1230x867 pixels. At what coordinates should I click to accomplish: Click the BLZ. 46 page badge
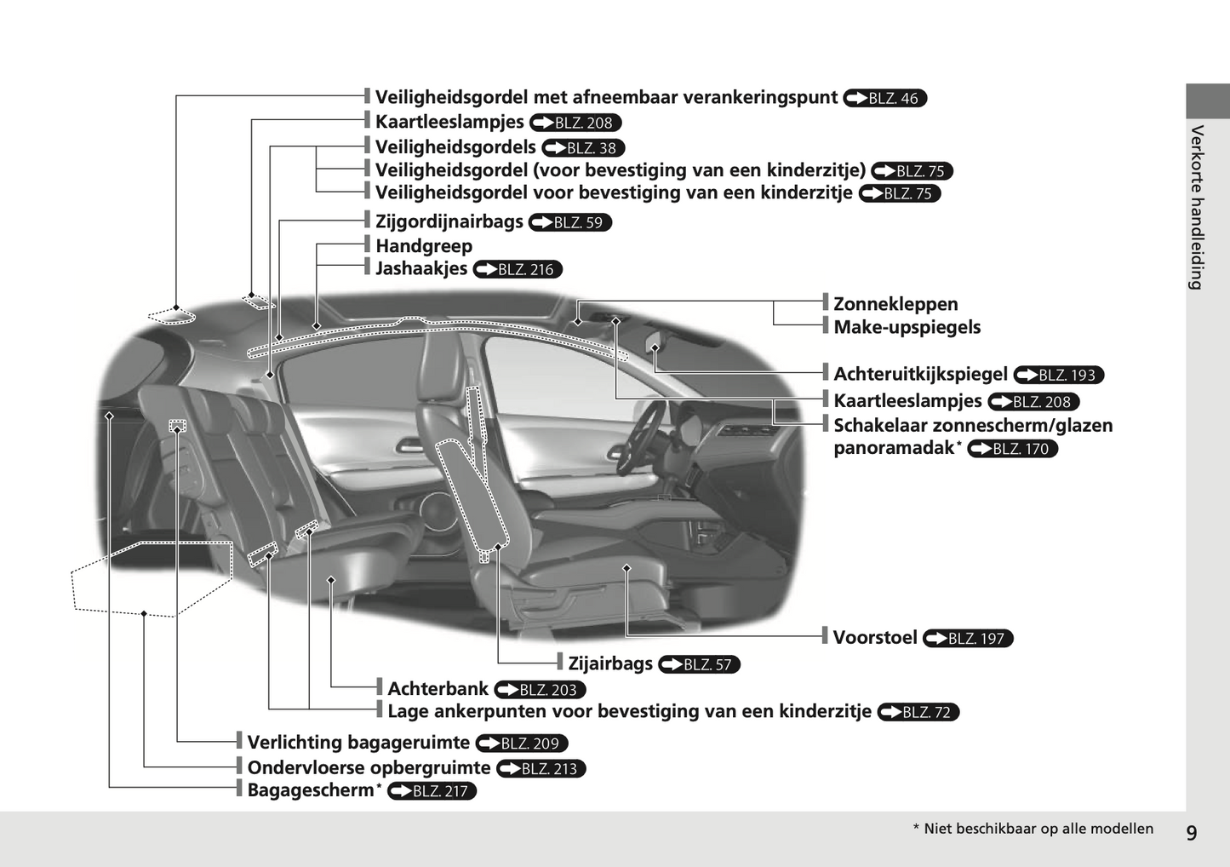point(884,98)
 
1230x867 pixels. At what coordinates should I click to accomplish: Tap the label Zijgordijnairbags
point(449,221)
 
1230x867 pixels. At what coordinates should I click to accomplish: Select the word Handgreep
point(424,245)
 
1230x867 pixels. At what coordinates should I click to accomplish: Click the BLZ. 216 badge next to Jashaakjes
point(518,269)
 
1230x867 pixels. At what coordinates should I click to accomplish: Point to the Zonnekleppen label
point(895,304)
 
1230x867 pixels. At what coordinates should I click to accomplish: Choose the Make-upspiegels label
point(907,327)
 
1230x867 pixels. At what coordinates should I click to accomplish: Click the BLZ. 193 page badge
point(1058,375)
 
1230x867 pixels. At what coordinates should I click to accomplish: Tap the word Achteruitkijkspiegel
point(920,374)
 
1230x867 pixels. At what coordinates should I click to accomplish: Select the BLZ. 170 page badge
point(1012,449)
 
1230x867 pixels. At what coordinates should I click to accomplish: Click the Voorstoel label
point(875,637)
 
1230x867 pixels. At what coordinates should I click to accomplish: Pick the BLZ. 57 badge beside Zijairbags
point(699,664)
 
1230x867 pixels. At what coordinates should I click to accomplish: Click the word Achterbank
point(438,688)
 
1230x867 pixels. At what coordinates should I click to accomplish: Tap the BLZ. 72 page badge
point(918,712)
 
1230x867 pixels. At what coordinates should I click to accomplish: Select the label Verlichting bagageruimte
point(358,743)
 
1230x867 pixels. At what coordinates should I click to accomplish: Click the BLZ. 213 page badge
point(541,768)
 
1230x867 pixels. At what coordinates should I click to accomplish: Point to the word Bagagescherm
point(311,790)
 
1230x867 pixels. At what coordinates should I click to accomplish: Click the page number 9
point(1191,833)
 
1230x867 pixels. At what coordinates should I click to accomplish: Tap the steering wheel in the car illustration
point(640,436)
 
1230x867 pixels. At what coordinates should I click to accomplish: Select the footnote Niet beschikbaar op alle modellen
point(1038,829)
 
